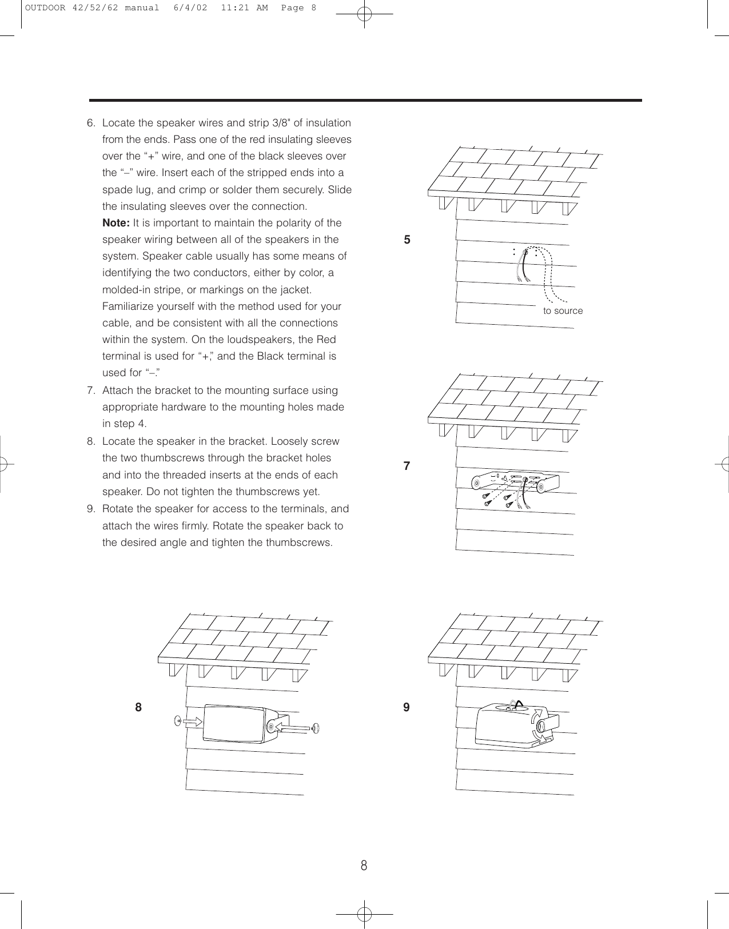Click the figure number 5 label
[407, 240]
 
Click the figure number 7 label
[407, 466]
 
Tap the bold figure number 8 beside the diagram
[138, 708]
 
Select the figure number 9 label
[407, 708]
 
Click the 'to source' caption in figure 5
[563, 311]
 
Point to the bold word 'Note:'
[116, 223]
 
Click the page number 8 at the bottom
[364, 866]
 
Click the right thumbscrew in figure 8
[315, 728]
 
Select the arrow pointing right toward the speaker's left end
[193, 722]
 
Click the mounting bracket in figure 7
[515, 483]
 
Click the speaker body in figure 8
[234, 724]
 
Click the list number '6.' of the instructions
[91, 123]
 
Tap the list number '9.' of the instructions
[91, 509]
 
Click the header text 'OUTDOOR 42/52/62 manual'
[92, 8]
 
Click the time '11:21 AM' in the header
[244, 8]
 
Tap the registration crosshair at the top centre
[364, 14]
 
